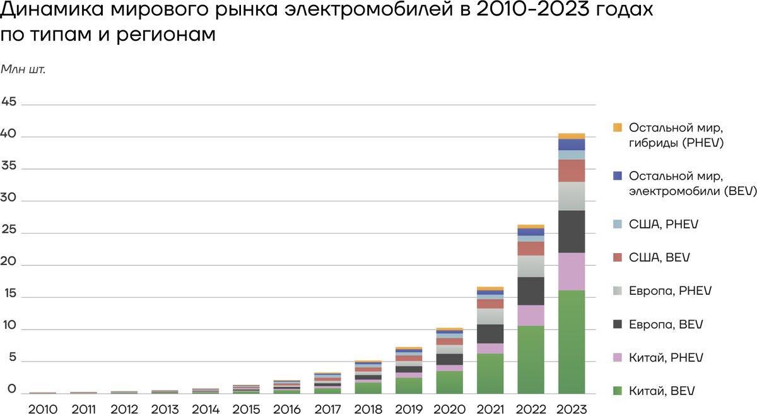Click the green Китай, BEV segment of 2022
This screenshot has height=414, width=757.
531,359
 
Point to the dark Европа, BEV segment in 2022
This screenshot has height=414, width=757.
531,291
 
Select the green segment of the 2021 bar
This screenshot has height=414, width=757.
490,373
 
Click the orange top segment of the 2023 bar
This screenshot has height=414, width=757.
572,136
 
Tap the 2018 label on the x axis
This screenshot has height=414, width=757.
368,408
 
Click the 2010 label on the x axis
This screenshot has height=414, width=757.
43,408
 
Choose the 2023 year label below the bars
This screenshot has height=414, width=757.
572,408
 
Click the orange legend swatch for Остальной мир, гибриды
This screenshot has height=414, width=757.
618,127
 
